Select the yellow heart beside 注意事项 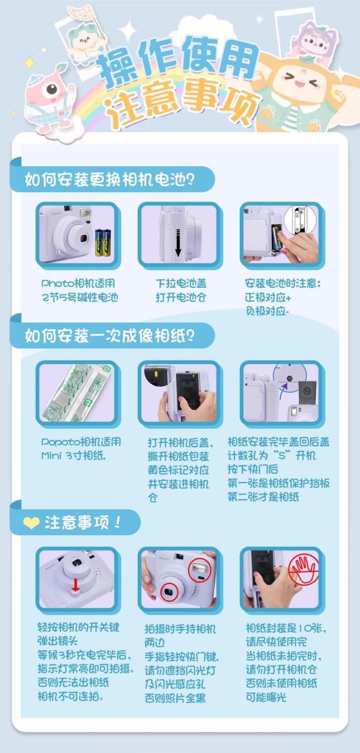click(x=31, y=523)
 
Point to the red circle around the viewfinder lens click(x=169, y=592)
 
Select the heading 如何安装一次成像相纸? click(x=109, y=335)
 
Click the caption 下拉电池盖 click(x=181, y=284)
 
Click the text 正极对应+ click(x=268, y=298)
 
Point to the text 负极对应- click(x=267, y=311)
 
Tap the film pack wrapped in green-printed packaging click(x=78, y=392)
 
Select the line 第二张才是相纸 click(x=263, y=497)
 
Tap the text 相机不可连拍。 click(x=70, y=696)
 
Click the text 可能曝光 click(x=266, y=697)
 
